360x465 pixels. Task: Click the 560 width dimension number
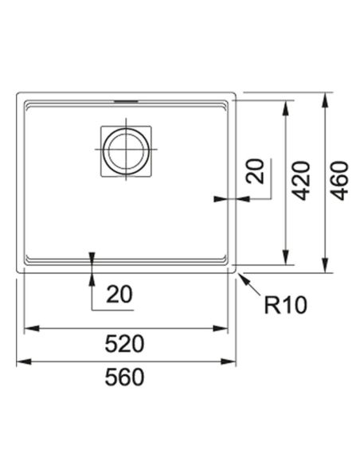[x=124, y=377]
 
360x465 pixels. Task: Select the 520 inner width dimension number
[x=124, y=344]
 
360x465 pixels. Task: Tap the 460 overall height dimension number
[x=339, y=181]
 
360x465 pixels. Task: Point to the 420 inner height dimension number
[x=301, y=181]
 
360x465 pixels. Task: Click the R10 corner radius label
[x=285, y=305]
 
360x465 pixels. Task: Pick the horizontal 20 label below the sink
[x=119, y=294]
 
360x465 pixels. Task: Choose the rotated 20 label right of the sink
[x=255, y=171]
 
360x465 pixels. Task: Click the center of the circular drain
[x=126, y=151]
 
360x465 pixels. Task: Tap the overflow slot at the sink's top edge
[x=126, y=101]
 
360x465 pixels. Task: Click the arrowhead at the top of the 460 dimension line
[x=325, y=100]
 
